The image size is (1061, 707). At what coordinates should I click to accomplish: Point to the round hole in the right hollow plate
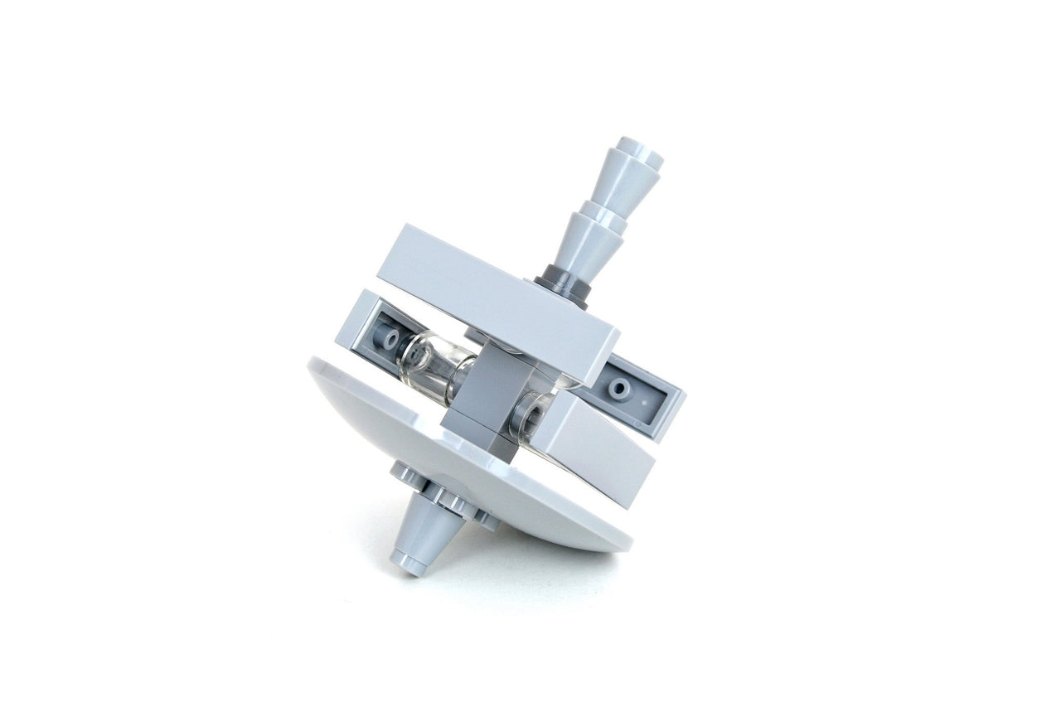click(618, 388)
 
